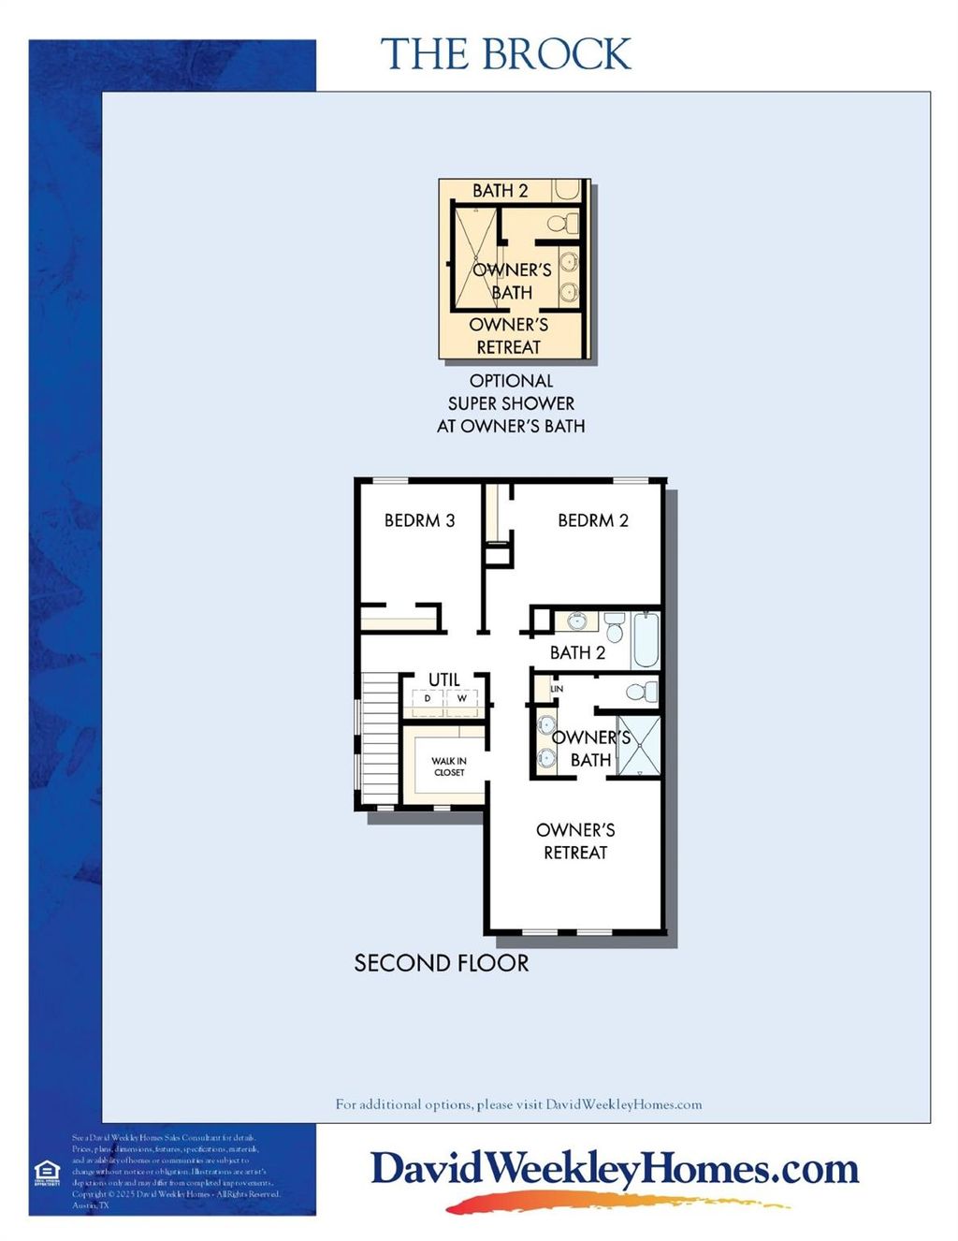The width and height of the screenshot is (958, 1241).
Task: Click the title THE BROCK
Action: coord(505,54)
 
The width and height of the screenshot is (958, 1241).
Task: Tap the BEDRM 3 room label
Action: coord(419,520)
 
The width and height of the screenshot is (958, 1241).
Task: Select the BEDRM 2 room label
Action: coord(593,520)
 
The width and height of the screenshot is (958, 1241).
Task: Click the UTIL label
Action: coord(443,679)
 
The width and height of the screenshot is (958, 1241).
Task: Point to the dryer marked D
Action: coord(428,699)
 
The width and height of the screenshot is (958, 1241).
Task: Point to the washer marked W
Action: coord(461,699)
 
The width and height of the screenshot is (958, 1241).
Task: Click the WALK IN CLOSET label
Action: coord(449,766)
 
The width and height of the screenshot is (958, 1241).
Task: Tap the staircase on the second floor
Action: coord(380,739)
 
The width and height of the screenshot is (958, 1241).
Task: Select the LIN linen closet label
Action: coord(557,689)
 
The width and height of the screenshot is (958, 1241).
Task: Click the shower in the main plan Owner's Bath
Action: coord(639,746)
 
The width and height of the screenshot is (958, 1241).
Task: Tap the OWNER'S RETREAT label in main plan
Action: coord(575,840)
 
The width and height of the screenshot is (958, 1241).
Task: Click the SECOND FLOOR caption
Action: coord(441,963)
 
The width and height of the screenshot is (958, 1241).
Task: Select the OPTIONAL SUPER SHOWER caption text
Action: coord(511,403)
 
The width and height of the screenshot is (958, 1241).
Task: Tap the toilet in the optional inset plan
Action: coord(562,224)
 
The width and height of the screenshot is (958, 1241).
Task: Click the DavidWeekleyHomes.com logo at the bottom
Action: coord(615,1171)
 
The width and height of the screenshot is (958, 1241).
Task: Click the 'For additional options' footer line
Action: coord(518,1104)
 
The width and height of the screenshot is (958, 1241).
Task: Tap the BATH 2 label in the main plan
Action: coord(577,652)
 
